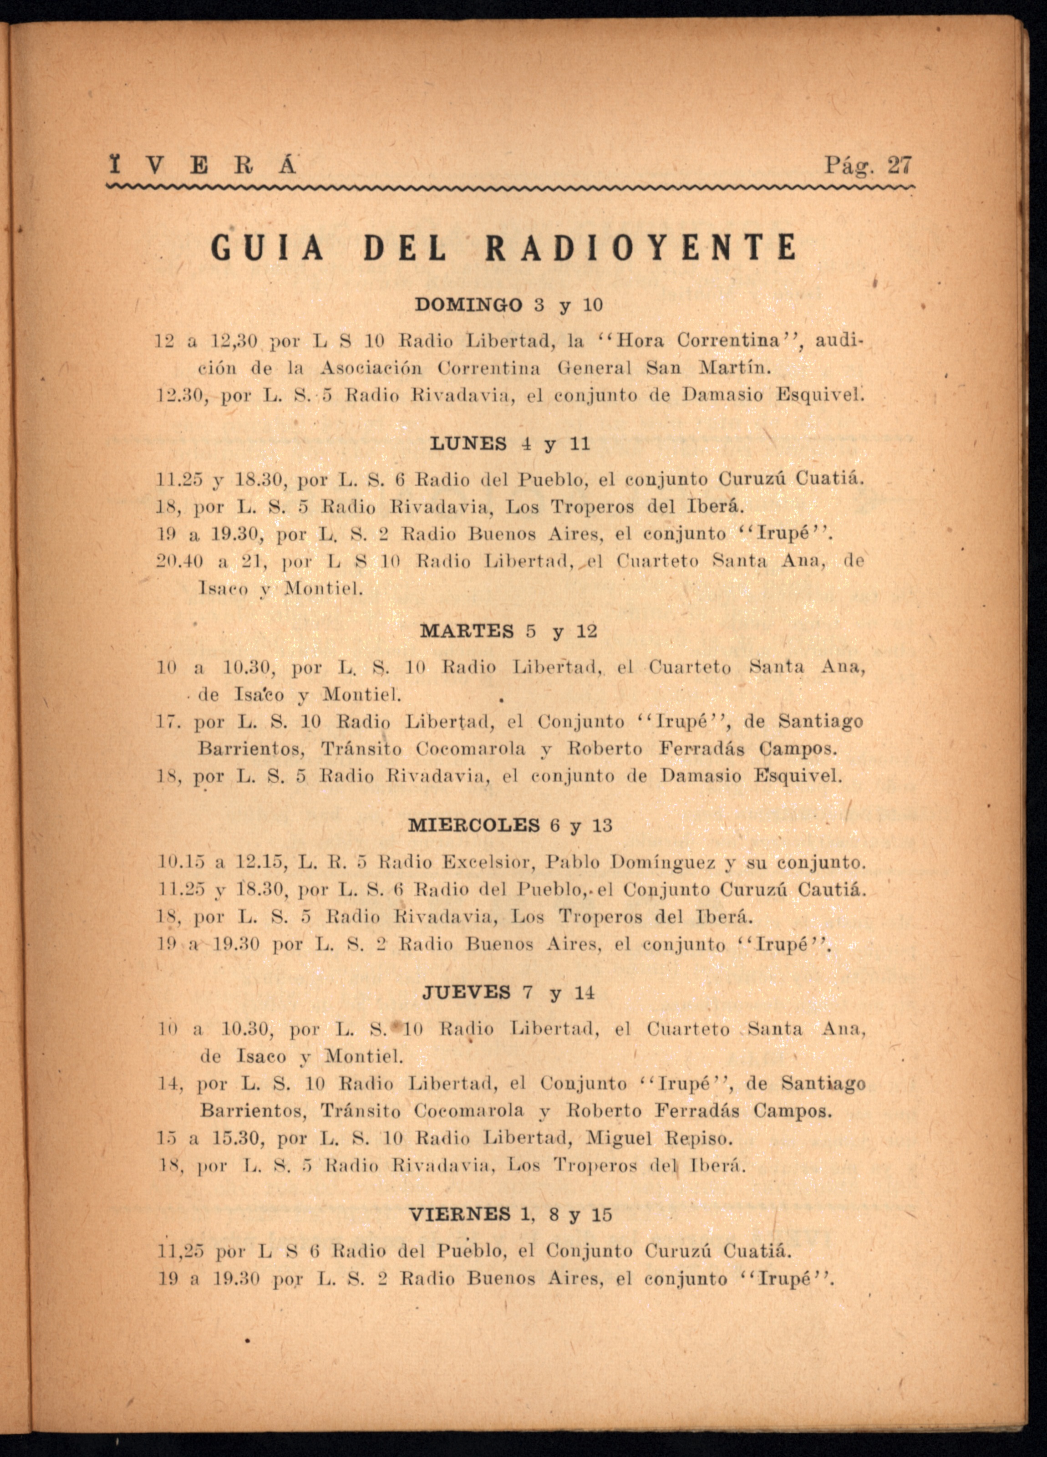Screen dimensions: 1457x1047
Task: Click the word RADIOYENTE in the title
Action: (641, 248)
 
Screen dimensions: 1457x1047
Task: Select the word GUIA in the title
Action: (267, 248)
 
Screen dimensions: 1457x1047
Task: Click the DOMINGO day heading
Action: (468, 305)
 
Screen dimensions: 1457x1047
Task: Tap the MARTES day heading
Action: (467, 631)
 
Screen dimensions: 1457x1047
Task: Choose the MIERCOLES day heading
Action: (474, 825)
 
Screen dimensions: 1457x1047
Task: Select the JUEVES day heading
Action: (466, 993)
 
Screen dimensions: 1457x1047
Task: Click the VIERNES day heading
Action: (460, 1215)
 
